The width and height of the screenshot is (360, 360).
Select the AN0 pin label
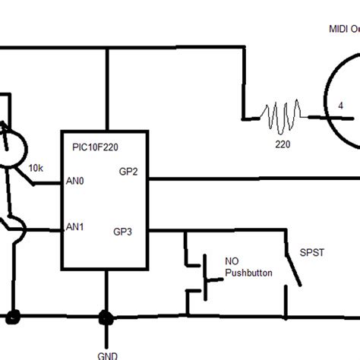point(76,183)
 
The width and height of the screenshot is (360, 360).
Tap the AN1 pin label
point(76,226)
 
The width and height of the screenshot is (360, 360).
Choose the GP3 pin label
point(124,231)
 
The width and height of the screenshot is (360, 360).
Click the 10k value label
point(36,167)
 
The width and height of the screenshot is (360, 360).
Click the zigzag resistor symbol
point(283,117)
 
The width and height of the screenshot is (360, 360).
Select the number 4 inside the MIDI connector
point(339,106)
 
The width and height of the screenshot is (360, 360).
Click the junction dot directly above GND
point(105,315)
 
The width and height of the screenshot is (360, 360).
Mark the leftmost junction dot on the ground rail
point(12,315)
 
